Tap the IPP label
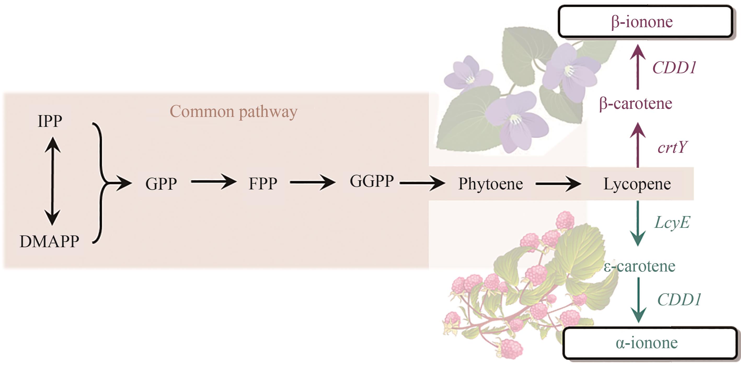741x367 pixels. [50, 121]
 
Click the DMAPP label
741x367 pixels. [49, 241]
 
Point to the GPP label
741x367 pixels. [161, 184]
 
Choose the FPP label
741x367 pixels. [263, 183]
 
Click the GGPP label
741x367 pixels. [372, 181]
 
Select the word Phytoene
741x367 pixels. [490, 184]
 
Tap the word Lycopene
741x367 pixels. [637, 184]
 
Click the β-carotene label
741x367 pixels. [636, 103]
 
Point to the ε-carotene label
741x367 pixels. [639, 266]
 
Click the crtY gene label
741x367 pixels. [673, 147]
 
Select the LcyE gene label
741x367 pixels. [672, 222]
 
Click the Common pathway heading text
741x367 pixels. [233, 111]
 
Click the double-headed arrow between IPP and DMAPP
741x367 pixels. [52, 181]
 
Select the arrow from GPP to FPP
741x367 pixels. [214, 182]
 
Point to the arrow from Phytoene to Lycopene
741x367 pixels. [558, 183]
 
